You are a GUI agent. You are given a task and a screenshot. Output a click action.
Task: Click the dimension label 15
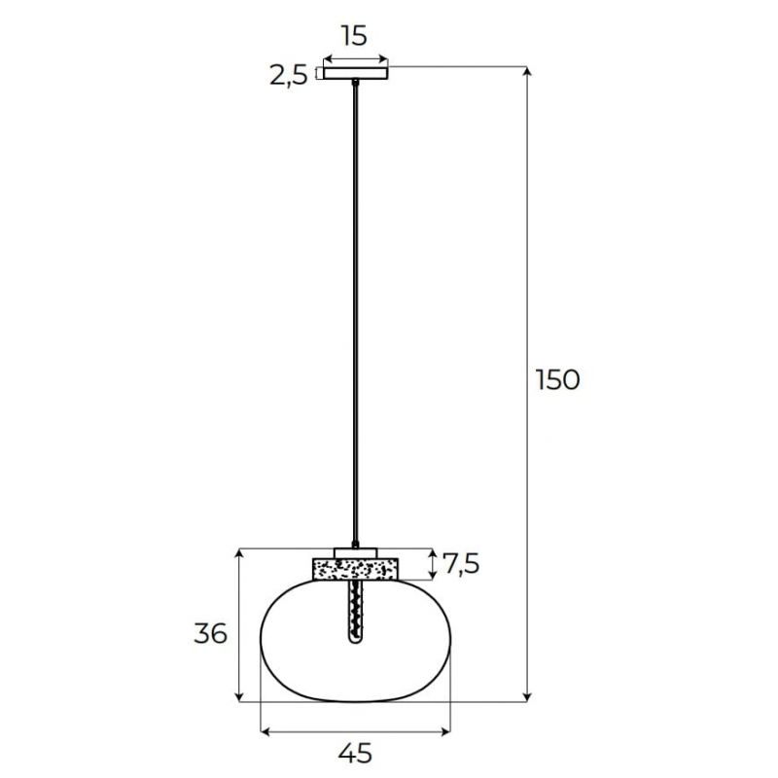click(x=354, y=36)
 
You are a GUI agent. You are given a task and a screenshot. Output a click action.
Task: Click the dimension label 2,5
click(x=288, y=76)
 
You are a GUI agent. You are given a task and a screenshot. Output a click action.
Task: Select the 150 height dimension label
click(x=557, y=380)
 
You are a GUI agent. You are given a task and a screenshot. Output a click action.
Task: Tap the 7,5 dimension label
click(x=461, y=564)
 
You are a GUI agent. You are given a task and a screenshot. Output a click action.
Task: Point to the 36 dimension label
click(x=210, y=633)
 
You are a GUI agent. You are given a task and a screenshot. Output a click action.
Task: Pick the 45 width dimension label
click(x=355, y=753)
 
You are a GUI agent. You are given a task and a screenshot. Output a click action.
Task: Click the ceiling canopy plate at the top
click(x=355, y=73)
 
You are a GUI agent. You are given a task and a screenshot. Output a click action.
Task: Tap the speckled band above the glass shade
click(x=355, y=569)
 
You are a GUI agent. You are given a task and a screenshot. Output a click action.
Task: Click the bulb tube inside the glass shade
click(x=355, y=613)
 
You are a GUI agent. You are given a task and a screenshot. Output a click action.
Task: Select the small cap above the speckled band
click(x=355, y=553)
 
